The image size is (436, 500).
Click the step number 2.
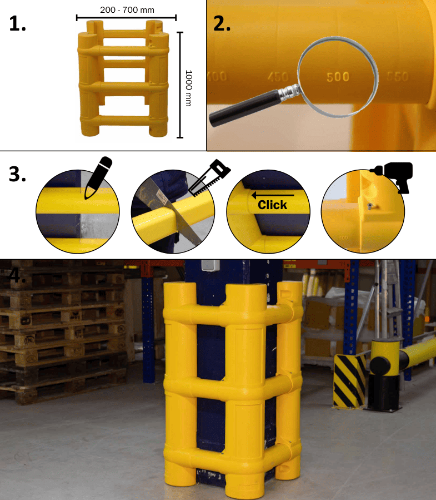click(x=222, y=22)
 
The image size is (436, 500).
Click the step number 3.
click(x=18, y=174)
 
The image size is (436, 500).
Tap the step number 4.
click(x=16, y=275)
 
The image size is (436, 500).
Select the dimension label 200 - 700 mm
click(x=126, y=10)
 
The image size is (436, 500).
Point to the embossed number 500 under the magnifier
click(x=338, y=77)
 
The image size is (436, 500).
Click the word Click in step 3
click(x=272, y=205)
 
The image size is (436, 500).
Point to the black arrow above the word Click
click(x=272, y=195)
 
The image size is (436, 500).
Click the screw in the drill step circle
click(x=369, y=206)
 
